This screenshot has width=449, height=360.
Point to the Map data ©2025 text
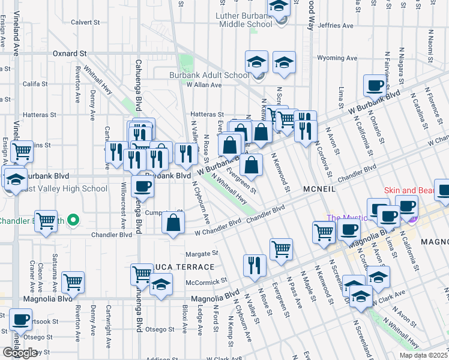click(x=424, y=355)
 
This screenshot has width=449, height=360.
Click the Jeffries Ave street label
click(x=336, y=26)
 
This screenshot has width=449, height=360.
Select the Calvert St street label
click(x=85, y=22)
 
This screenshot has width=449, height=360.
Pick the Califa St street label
click(x=35, y=83)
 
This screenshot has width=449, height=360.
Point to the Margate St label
click(x=200, y=254)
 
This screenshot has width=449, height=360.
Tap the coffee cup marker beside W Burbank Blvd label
click(x=375, y=86)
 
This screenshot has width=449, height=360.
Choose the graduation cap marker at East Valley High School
click(x=14, y=179)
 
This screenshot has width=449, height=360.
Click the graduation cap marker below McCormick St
click(x=160, y=284)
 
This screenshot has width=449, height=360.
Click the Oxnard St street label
click(x=70, y=53)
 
